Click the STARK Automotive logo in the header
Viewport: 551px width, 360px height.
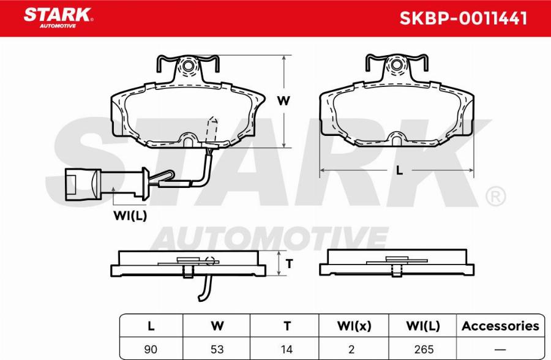[x=58, y=17]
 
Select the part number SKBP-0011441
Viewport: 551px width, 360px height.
[x=463, y=18]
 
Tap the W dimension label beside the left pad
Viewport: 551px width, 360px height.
[x=283, y=101]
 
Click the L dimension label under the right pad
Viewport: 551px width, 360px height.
[x=399, y=171]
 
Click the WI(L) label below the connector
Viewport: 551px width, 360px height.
[x=130, y=215]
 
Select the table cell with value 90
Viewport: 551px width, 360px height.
[x=151, y=349]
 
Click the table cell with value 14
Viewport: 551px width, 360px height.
[x=286, y=349]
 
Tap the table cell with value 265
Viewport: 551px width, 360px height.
[x=424, y=349]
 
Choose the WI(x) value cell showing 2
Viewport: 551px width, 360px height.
[x=354, y=349]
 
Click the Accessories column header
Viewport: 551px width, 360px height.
[x=500, y=326]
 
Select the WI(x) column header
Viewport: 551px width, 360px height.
[x=354, y=326]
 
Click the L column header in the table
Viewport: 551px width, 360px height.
[x=151, y=326]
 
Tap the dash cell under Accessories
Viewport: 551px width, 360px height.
[x=500, y=349]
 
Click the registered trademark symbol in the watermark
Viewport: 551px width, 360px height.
[x=495, y=197]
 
